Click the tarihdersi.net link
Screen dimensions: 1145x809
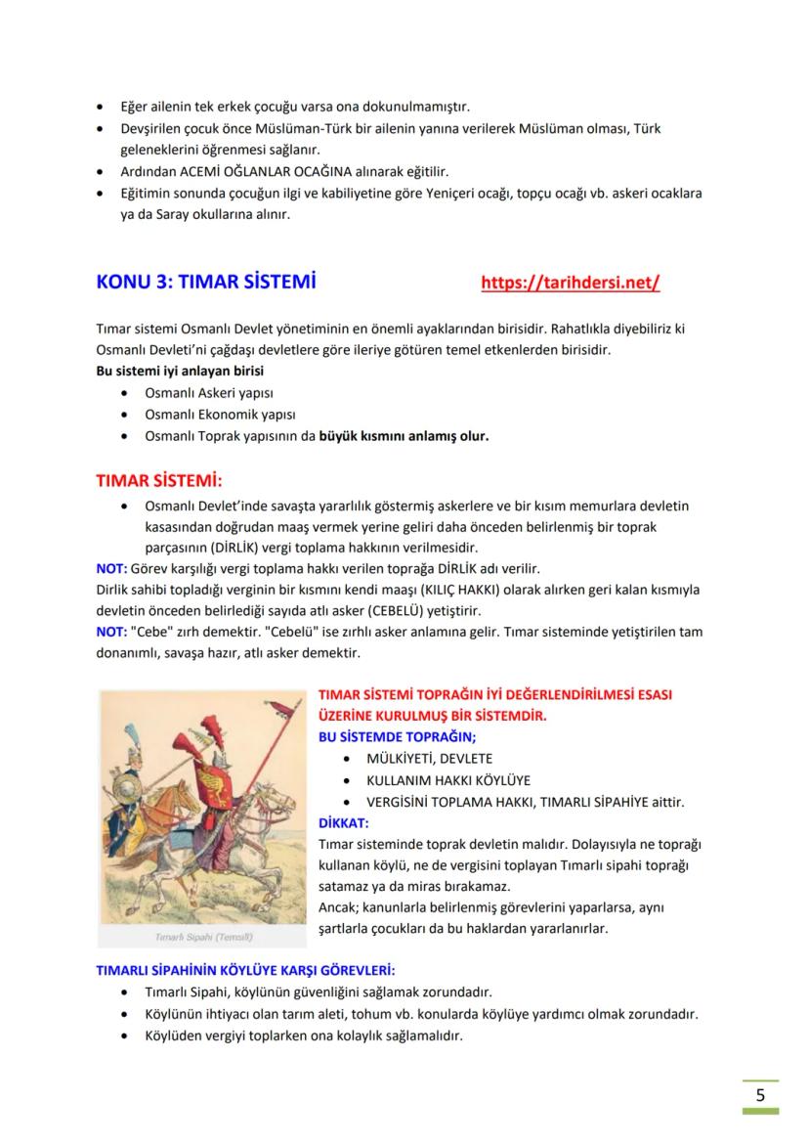(570, 284)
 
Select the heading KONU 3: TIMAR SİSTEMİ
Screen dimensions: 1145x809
(205, 284)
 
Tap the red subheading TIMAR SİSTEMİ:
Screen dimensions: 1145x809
(158, 481)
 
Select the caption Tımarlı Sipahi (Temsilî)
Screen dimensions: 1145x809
(204, 937)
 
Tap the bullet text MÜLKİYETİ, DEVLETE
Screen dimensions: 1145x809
(429, 758)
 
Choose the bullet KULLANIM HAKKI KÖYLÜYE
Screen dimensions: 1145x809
(447, 780)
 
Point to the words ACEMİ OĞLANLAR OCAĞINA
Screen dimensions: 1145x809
(249, 171)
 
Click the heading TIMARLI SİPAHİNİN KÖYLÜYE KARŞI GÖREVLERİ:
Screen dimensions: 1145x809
(245, 971)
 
